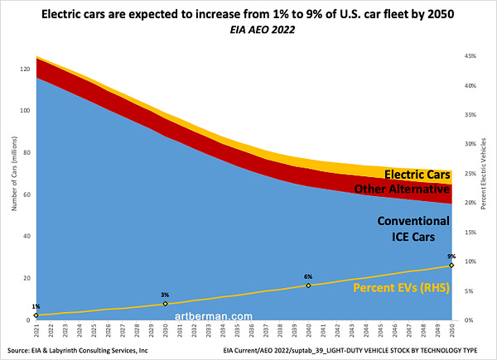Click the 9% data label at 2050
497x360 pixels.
tap(451, 257)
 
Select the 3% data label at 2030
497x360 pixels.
tap(166, 295)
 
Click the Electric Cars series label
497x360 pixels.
tap(417, 175)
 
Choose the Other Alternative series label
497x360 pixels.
tap(403, 190)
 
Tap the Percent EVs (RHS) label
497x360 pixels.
tap(402, 288)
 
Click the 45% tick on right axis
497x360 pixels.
tap(469, 56)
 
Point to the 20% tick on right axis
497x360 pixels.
tap(469, 203)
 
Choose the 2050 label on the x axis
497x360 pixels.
tap(451, 330)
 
